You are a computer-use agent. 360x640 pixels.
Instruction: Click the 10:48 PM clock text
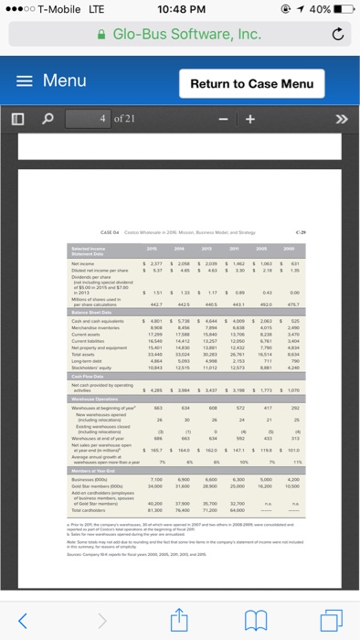pyautogui.click(x=179, y=10)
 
